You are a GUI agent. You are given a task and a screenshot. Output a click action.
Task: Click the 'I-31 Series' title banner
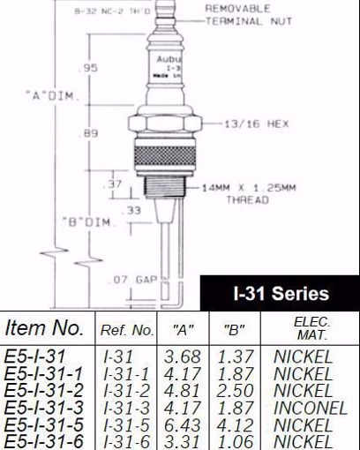coord(280,294)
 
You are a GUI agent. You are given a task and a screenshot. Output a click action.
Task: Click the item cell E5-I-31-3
coord(44,408)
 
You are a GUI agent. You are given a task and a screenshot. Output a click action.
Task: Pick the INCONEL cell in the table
coord(304,408)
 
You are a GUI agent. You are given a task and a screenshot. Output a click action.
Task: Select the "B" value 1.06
coord(233,441)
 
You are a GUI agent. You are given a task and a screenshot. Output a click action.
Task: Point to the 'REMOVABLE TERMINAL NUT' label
coord(244,13)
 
